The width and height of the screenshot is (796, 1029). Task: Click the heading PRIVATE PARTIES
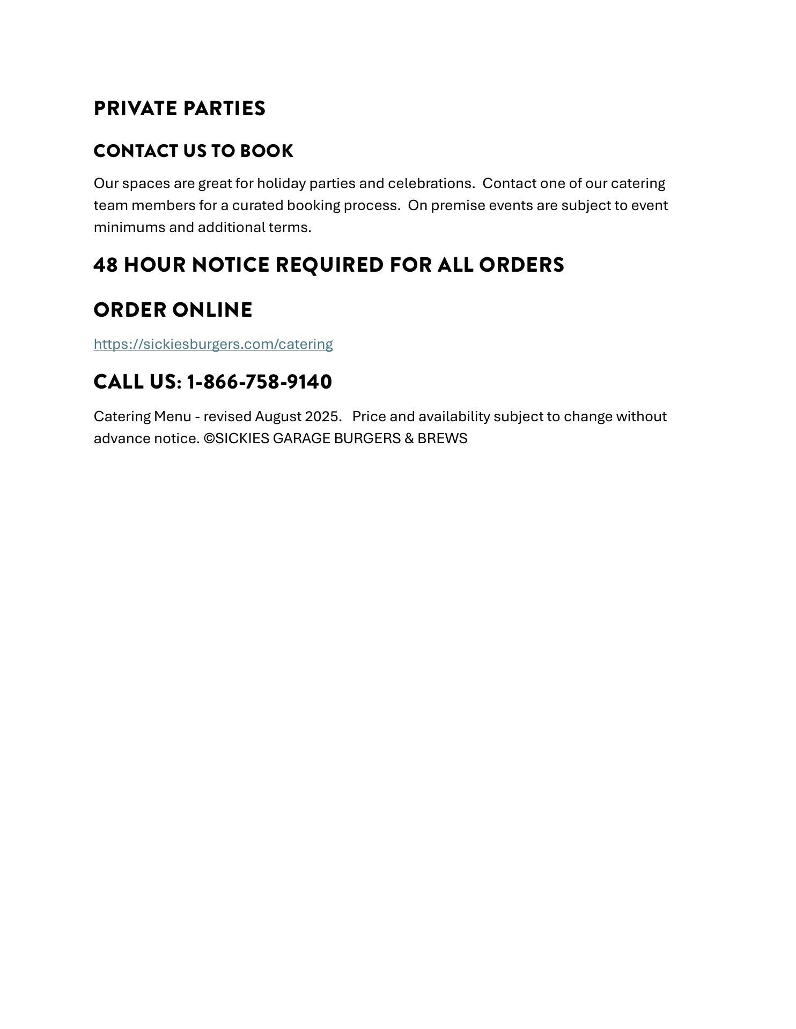[x=179, y=109]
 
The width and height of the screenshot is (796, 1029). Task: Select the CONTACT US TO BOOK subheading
[x=193, y=151]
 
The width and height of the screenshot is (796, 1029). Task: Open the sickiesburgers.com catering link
[x=213, y=344]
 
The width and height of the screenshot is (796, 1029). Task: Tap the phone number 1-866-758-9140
[x=259, y=382]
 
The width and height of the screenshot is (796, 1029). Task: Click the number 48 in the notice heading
[x=106, y=265]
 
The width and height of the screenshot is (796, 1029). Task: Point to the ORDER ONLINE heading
[x=173, y=310]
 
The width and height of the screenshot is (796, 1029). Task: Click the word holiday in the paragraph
[x=281, y=184]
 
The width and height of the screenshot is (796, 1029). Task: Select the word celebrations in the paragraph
[x=431, y=184]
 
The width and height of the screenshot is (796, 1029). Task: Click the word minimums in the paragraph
[x=129, y=228]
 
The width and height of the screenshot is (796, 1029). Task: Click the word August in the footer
[x=278, y=417]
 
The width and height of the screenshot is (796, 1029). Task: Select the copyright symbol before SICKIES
[x=209, y=439]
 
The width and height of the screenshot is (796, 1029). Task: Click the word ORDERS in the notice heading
[x=521, y=265]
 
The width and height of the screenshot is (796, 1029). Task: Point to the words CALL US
[x=137, y=382]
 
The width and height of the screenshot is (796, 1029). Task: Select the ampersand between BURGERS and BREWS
[x=409, y=439]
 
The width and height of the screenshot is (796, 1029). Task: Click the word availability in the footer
[x=454, y=417]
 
